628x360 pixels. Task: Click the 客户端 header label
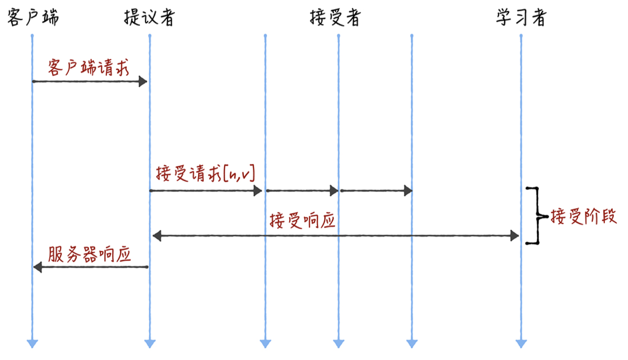(33, 17)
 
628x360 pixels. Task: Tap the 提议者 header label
(149, 17)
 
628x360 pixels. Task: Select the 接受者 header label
(335, 17)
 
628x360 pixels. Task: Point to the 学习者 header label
(521, 17)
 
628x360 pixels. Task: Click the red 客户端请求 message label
(88, 67)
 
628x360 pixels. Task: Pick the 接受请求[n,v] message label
(205, 174)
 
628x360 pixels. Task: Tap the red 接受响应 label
(302, 220)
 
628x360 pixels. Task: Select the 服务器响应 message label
(89, 255)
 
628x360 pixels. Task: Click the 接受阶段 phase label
(584, 216)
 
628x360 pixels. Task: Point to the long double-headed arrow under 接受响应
(336, 236)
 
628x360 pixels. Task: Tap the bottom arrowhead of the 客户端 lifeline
(32, 343)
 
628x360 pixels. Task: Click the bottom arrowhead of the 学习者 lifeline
(521, 343)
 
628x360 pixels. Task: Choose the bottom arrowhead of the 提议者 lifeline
(150, 343)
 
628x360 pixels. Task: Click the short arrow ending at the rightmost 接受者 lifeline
(376, 190)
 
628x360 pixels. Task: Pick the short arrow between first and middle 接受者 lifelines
(302, 190)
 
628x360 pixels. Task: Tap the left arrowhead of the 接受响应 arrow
(157, 236)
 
